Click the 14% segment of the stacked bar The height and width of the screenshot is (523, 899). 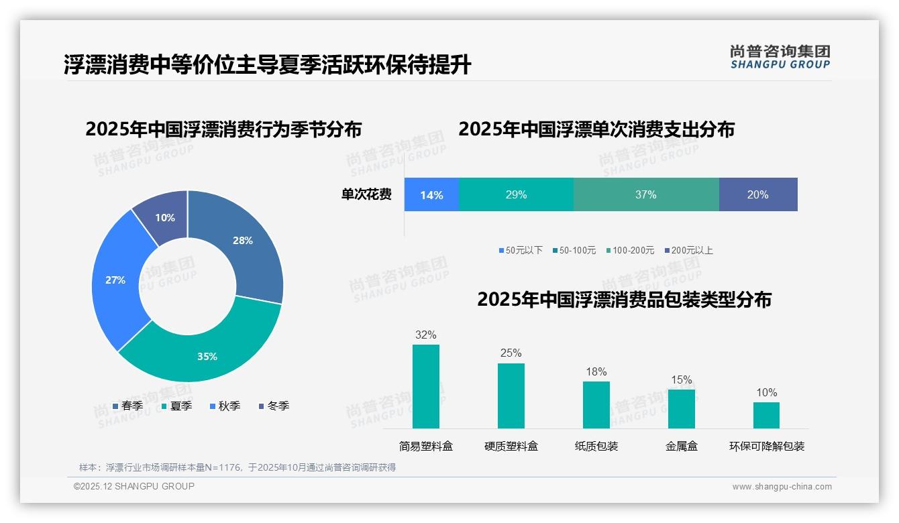tap(431, 195)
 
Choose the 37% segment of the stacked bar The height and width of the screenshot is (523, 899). tap(645, 195)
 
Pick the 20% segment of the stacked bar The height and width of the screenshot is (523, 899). tap(757, 195)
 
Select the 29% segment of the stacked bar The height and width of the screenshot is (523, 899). tap(516, 195)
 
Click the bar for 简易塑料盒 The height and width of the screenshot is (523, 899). tap(425, 387)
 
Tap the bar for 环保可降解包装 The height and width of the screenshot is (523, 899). tap(766, 415)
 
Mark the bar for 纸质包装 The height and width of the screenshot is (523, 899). tap(596, 405)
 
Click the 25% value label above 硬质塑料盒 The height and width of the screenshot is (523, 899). tap(511, 353)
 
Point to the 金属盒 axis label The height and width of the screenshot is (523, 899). tap(682, 447)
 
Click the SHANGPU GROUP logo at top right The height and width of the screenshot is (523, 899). tap(780, 57)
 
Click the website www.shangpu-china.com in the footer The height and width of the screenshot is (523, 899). tap(782, 487)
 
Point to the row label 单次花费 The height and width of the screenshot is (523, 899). tap(366, 195)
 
